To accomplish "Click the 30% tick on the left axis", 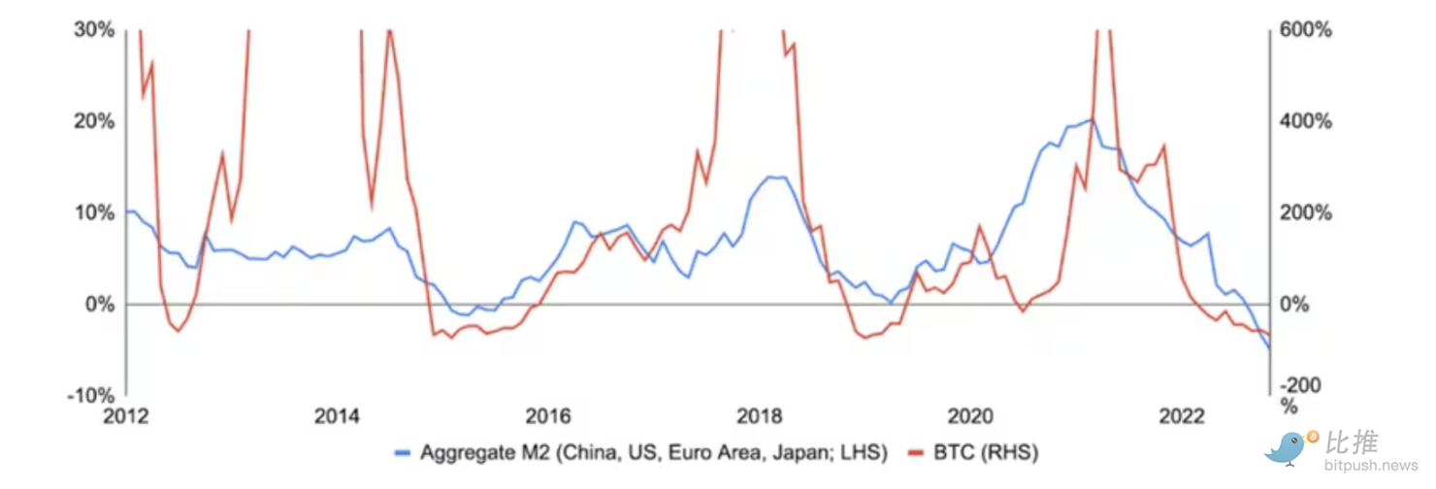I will [x=95, y=30].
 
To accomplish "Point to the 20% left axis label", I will [x=95, y=121].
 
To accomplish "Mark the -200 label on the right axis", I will [x=1302, y=386].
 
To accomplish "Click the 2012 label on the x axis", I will [x=126, y=418].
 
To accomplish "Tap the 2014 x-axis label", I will [x=338, y=418].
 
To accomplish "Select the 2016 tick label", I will [x=549, y=418].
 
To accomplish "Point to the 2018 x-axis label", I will [x=761, y=418].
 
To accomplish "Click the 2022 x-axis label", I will [x=1183, y=418].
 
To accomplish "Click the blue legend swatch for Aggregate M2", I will [x=404, y=453].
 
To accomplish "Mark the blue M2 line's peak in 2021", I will [x=1093, y=119].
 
